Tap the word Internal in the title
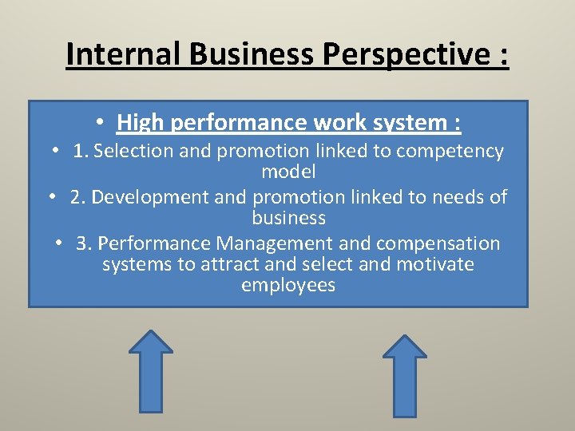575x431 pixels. pyautogui.click(x=123, y=54)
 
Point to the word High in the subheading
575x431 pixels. pyautogui.click(x=141, y=123)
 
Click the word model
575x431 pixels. pyautogui.click(x=288, y=172)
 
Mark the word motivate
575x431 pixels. pyautogui.click(x=434, y=264)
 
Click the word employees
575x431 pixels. pyautogui.click(x=288, y=285)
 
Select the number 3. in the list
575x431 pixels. pyautogui.click(x=84, y=243)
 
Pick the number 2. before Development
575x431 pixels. pyautogui.click(x=77, y=197)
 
